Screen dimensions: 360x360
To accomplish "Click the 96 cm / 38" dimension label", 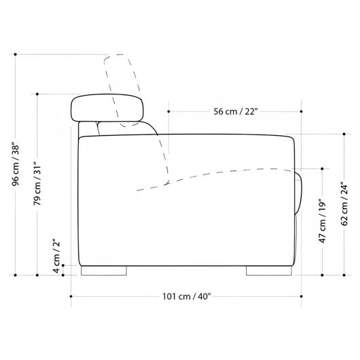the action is [16, 165].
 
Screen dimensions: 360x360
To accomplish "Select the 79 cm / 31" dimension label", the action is [37, 183].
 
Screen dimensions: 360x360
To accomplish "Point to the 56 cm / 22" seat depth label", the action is [236, 111].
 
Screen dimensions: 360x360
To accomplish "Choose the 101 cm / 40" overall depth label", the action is [186, 296].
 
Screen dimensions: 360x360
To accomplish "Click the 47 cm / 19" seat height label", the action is [323, 222].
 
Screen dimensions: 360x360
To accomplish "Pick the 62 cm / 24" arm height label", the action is [344, 204].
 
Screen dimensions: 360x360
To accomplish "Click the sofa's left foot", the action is [104, 271].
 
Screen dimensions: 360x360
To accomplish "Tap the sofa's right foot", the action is [269, 271].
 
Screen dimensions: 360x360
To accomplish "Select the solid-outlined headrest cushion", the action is [107, 108].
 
